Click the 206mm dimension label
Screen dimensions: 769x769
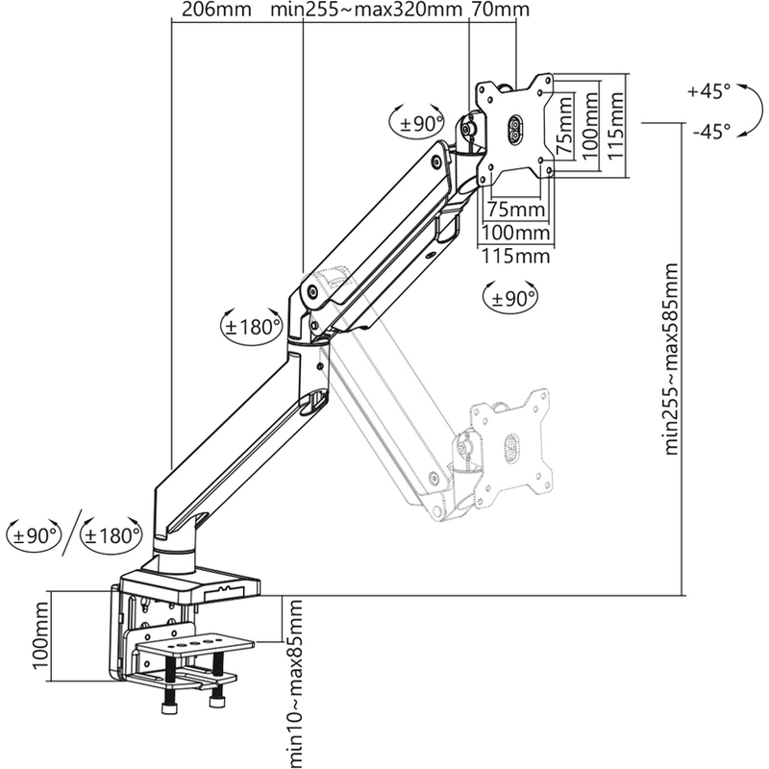(216, 10)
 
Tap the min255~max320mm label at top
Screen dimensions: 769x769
(366, 10)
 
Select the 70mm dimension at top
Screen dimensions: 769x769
(500, 10)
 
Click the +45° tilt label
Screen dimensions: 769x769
(708, 91)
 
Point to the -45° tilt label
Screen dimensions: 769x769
(711, 131)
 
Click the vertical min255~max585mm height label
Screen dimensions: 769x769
(671, 360)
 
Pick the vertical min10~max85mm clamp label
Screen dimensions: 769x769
(295, 683)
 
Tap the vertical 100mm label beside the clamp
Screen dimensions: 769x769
(40, 635)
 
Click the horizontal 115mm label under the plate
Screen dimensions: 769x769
(515, 256)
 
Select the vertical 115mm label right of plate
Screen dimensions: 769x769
(616, 126)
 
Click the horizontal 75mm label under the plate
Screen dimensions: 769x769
(516, 210)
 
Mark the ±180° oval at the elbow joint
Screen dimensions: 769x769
(252, 326)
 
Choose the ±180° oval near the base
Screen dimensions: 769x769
(112, 535)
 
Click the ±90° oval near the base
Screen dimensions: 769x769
(34, 535)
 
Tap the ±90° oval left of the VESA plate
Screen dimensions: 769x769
(417, 123)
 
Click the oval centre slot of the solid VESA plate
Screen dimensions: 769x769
(515, 130)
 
